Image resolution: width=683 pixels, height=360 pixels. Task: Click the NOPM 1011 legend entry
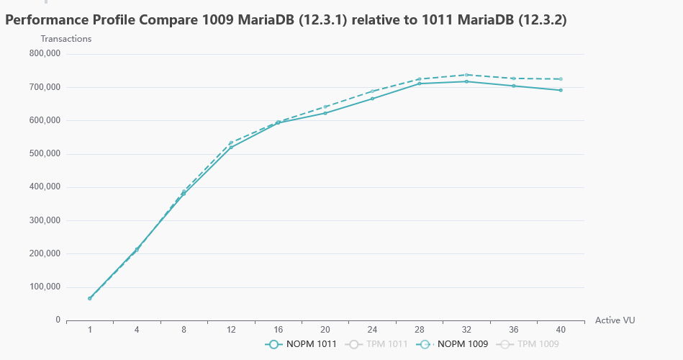301,344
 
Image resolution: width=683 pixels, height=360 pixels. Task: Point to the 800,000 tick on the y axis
45,53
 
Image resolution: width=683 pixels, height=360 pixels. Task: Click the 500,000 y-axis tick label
45,153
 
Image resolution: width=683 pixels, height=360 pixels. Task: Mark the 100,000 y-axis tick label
45,287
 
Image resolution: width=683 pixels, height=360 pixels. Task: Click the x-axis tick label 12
231,329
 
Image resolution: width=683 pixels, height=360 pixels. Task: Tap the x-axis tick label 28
420,329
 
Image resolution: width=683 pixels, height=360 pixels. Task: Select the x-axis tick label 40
561,329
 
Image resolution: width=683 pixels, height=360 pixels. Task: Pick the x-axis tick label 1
90,329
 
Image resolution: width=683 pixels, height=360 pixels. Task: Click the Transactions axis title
66,39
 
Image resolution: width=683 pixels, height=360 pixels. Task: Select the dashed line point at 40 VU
561,79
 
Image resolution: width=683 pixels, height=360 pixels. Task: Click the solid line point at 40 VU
561,90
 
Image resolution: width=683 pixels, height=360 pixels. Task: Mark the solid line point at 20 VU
325,113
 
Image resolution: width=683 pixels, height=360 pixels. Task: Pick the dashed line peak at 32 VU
466,75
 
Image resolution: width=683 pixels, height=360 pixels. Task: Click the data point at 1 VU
90,298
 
